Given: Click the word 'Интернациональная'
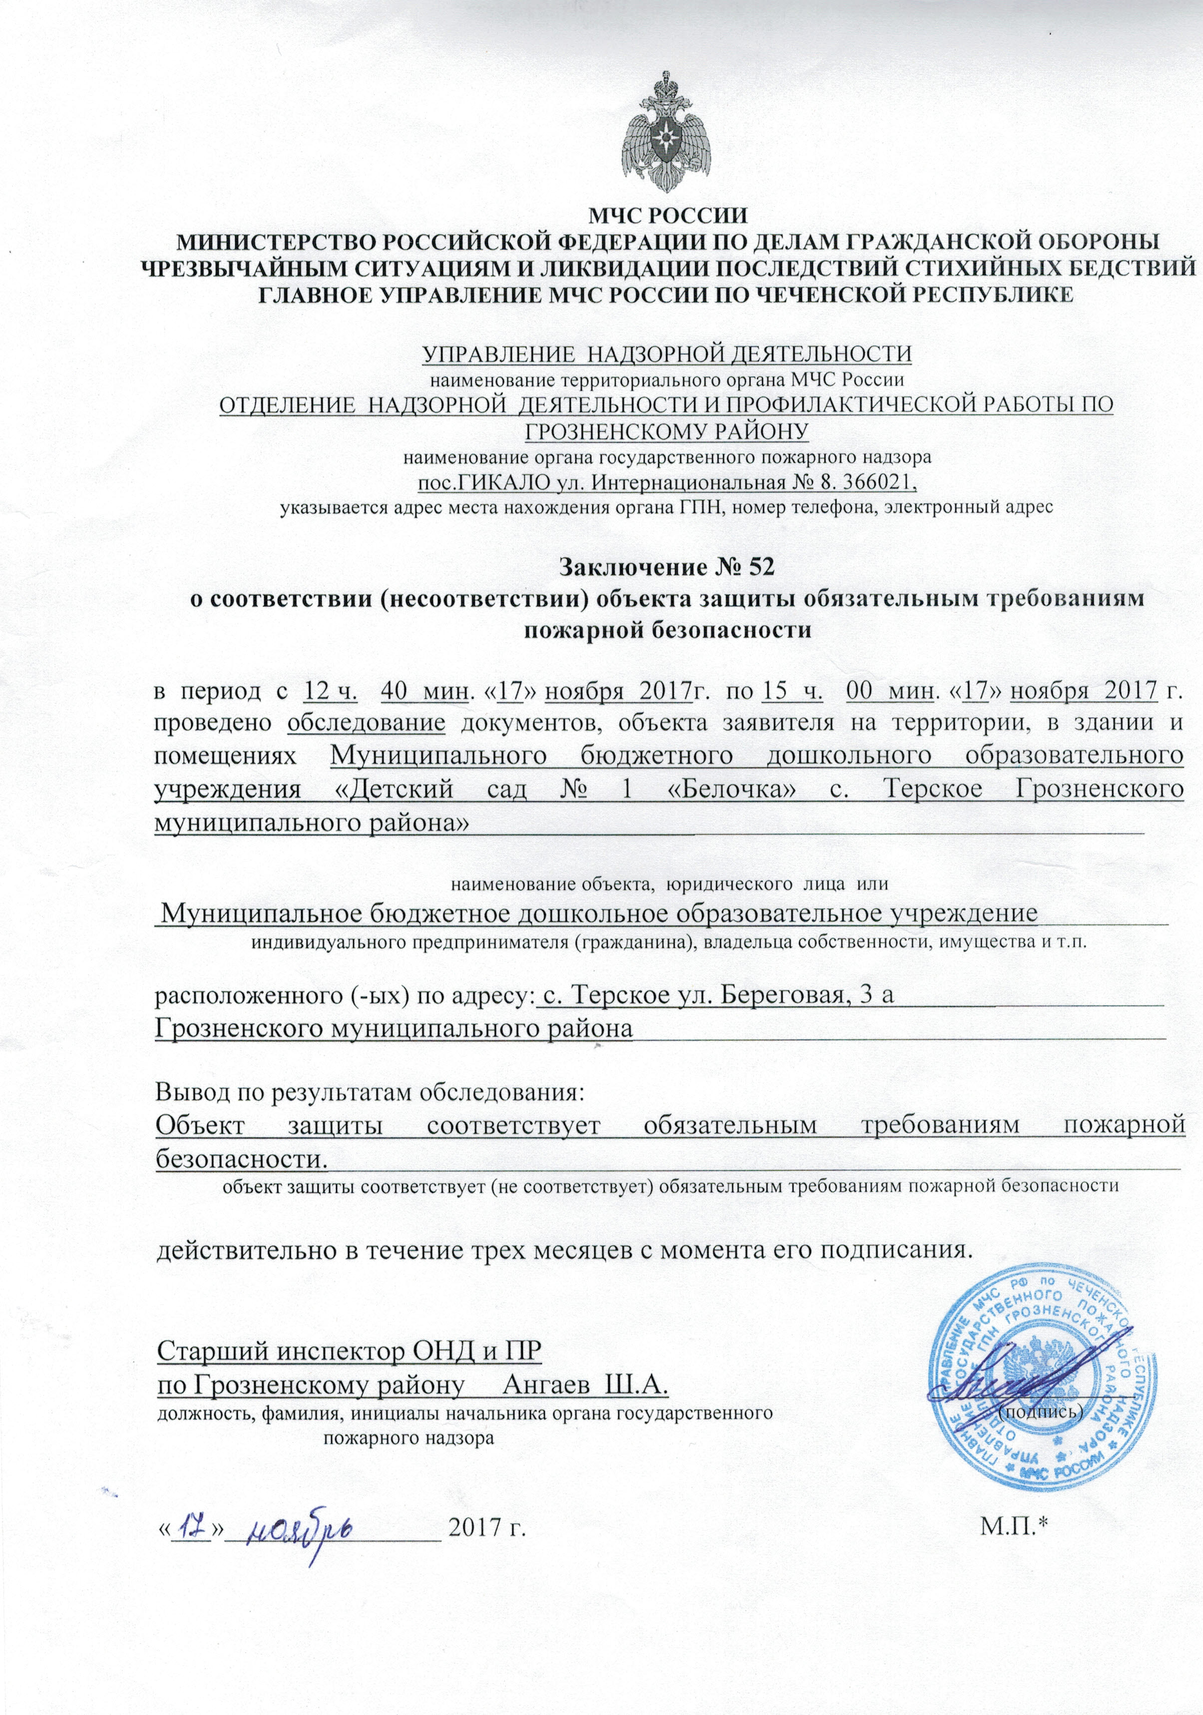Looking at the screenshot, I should (679, 482).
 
